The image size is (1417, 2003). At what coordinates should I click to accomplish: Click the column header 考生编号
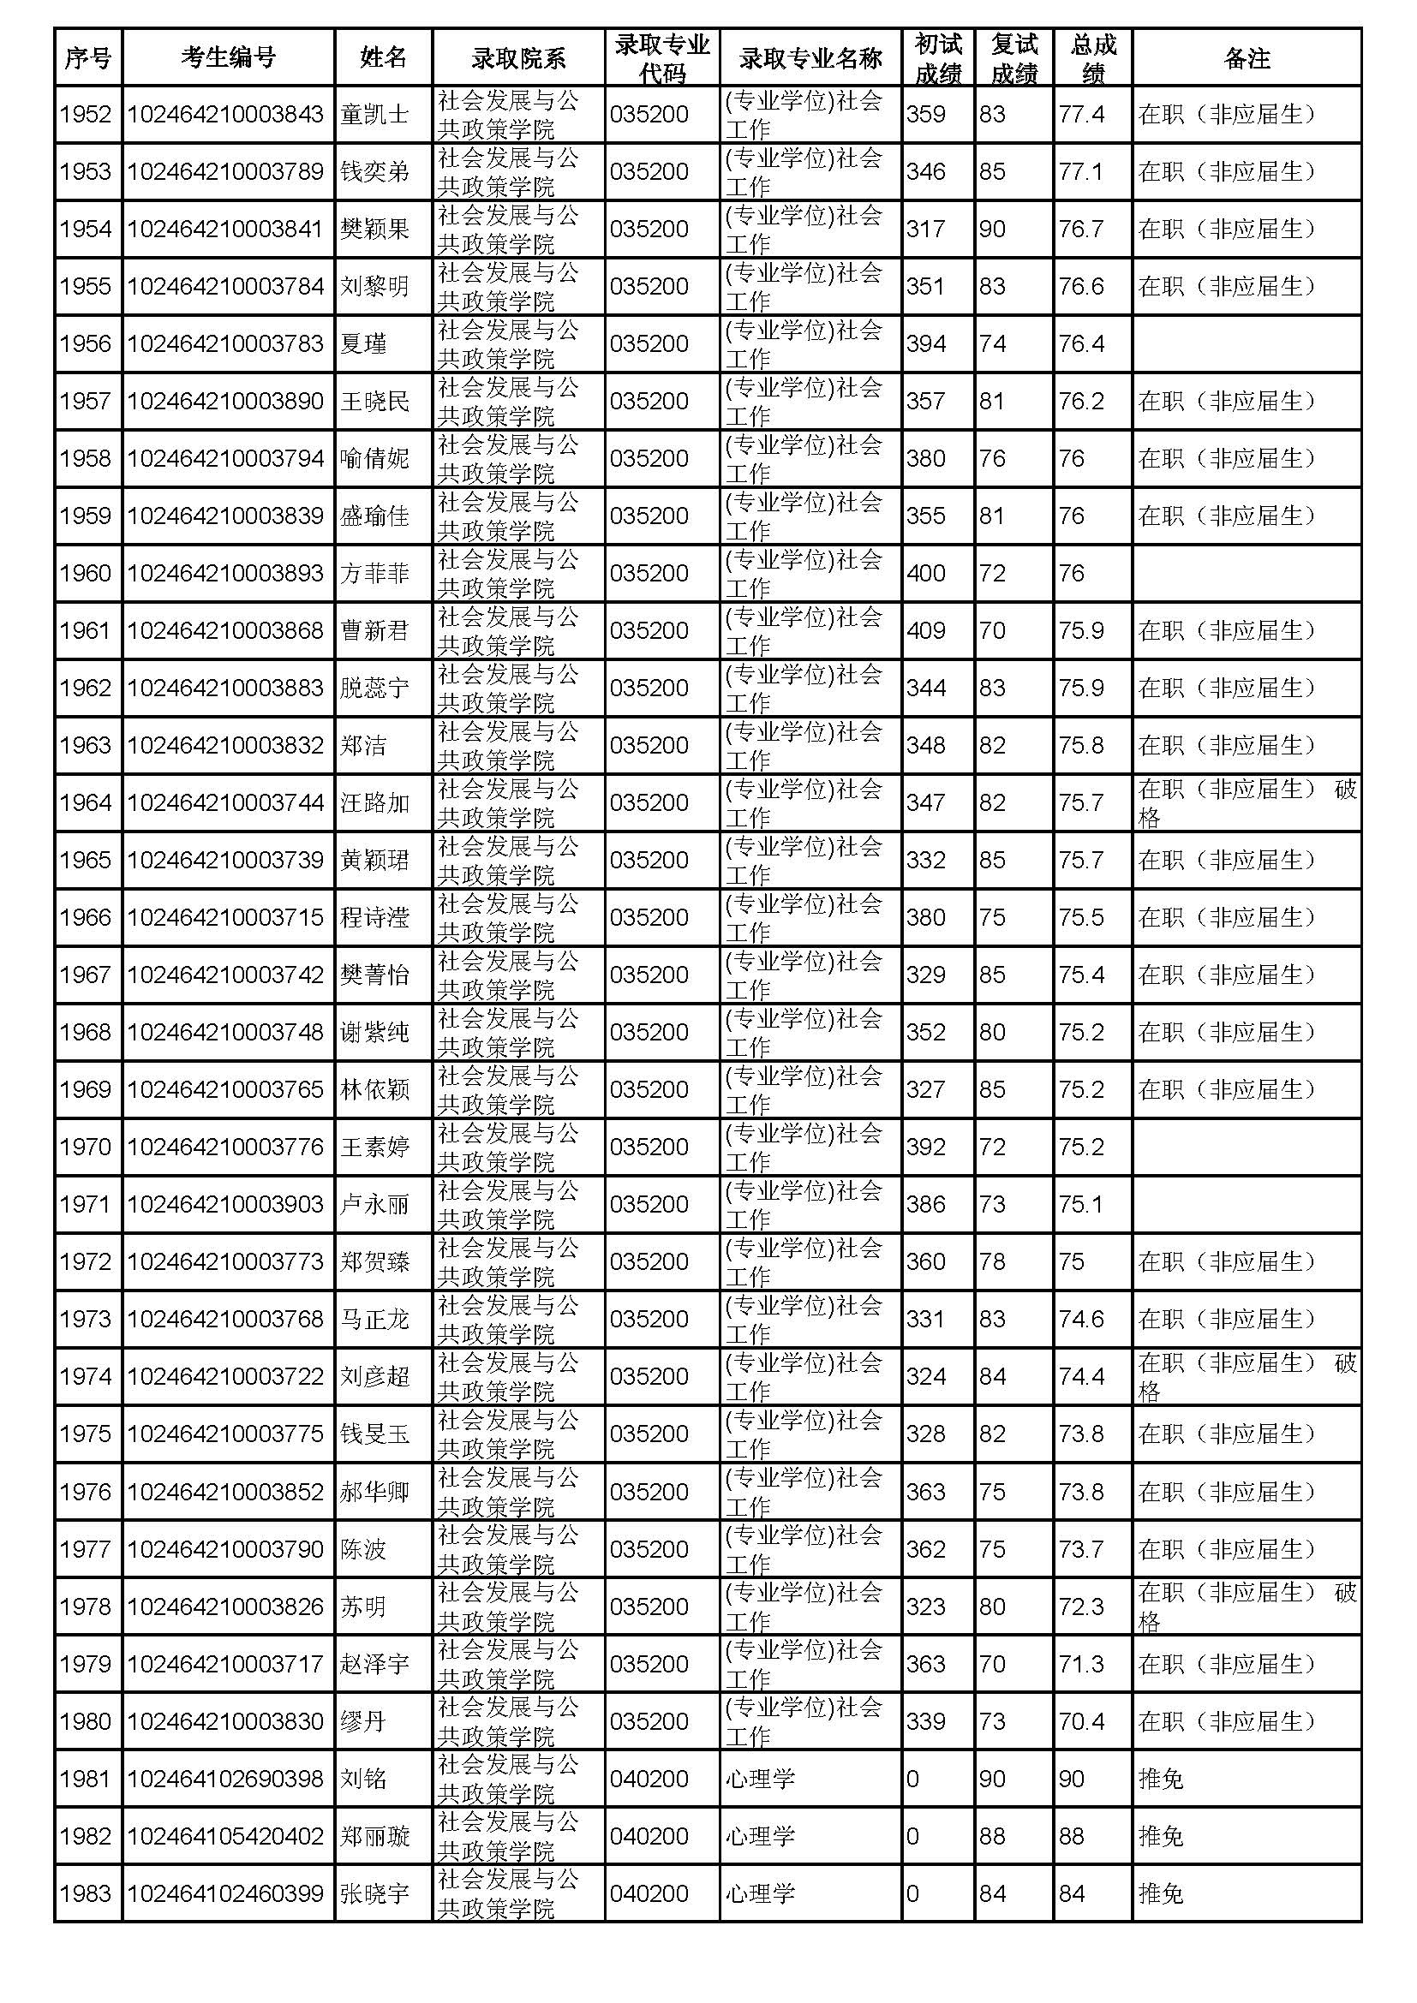pyautogui.click(x=228, y=57)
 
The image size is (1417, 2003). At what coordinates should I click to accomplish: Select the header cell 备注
pyautogui.click(x=1246, y=57)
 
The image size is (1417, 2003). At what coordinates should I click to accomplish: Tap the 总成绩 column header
pyautogui.click(x=1092, y=57)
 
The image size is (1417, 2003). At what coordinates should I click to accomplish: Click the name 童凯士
pyautogui.click(x=374, y=114)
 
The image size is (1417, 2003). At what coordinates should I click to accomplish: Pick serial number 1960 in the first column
pyautogui.click(x=86, y=573)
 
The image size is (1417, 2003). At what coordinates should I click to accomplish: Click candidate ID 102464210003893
pyautogui.click(x=225, y=573)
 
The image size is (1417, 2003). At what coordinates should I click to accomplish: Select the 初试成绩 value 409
pyautogui.click(x=926, y=631)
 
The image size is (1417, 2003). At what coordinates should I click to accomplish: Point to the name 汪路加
pyautogui.click(x=374, y=802)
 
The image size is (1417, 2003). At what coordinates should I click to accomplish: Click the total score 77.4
pyautogui.click(x=1081, y=114)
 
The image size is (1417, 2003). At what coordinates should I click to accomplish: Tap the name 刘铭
pyautogui.click(x=363, y=1779)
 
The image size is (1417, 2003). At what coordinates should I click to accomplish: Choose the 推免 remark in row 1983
pyautogui.click(x=1161, y=1894)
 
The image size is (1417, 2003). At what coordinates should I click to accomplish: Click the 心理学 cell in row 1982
pyautogui.click(x=760, y=1836)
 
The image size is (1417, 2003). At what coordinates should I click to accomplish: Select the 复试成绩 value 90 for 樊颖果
pyautogui.click(x=992, y=229)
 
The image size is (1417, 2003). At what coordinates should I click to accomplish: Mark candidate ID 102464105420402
pyautogui.click(x=225, y=1836)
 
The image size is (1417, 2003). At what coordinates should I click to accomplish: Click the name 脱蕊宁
pyautogui.click(x=374, y=689)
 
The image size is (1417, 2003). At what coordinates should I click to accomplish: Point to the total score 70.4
pyautogui.click(x=1081, y=1721)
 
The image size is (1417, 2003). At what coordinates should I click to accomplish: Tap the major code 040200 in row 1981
pyautogui.click(x=649, y=1779)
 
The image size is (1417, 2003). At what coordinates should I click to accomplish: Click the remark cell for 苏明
pyautogui.click(x=1246, y=1606)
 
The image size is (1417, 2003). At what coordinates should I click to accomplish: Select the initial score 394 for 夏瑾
pyautogui.click(x=926, y=343)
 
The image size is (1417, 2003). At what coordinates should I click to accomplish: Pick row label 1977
pyautogui.click(x=86, y=1549)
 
